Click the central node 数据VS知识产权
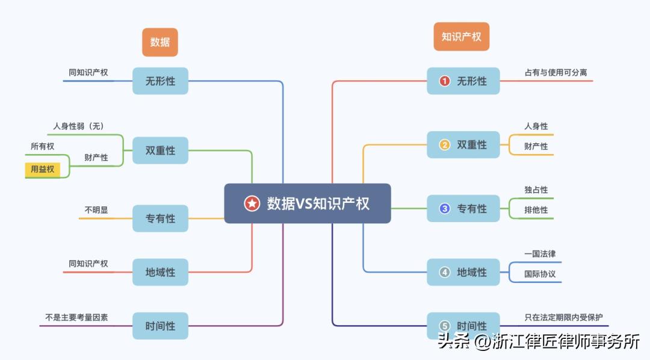pyautogui.click(x=308, y=203)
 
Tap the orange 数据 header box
pyautogui.click(x=160, y=42)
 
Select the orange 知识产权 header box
pyautogui.click(x=462, y=37)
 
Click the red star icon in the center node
pyautogui.click(x=252, y=203)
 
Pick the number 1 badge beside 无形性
pyautogui.click(x=445, y=81)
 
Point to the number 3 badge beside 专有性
pyautogui.click(x=445, y=208)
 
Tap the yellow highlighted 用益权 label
pyautogui.click(x=42, y=169)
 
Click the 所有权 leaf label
pyautogui.click(x=42, y=146)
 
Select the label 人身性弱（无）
pyautogui.click(x=78, y=126)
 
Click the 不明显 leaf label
pyautogui.click(x=96, y=210)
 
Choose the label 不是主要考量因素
pyautogui.click(x=76, y=317)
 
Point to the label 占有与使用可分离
pyautogui.click(x=556, y=73)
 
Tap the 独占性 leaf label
pyautogui.click(x=536, y=190)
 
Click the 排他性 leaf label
pyautogui.click(x=536, y=210)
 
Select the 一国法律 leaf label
pyautogui.click(x=540, y=254)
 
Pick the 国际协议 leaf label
pyautogui.click(x=540, y=274)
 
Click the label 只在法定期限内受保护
pyautogui.click(x=563, y=317)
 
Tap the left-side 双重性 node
pyautogui.click(x=160, y=151)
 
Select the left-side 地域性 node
pyautogui.click(x=160, y=272)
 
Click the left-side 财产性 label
pyautogui.click(x=96, y=158)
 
